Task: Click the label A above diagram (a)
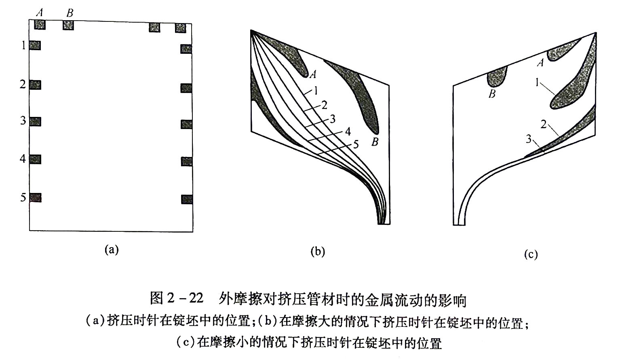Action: point(39,13)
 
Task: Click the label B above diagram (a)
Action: point(70,13)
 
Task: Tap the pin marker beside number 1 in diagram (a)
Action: point(35,45)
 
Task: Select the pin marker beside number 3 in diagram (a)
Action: point(35,121)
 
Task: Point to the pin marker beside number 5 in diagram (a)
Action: point(35,198)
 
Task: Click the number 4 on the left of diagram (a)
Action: point(23,159)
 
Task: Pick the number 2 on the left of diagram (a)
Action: point(23,84)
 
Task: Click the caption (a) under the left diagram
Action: point(112,249)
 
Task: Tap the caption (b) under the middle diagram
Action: point(318,252)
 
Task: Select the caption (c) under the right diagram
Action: point(531,254)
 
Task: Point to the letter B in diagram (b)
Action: point(375,142)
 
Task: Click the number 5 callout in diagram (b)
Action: point(356,144)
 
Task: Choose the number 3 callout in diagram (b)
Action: point(333,119)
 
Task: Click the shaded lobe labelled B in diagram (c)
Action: point(497,78)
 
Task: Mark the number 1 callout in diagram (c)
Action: point(537,83)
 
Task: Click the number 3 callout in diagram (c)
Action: point(529,140)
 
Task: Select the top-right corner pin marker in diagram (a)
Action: point(180,28)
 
